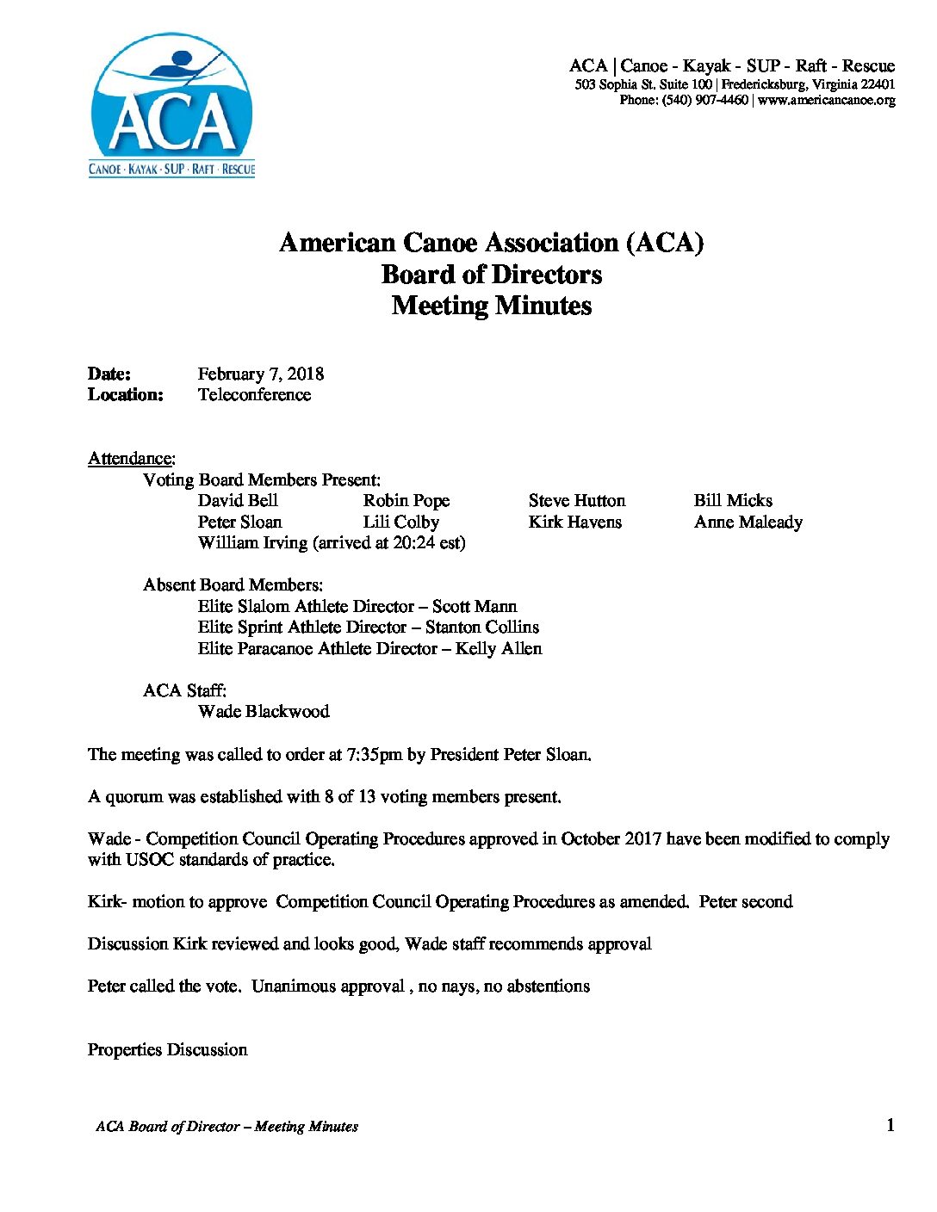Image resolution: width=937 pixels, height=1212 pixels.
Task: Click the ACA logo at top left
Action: [x=172, y=106]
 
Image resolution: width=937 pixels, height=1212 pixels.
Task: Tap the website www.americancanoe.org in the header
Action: [x=826, y=101]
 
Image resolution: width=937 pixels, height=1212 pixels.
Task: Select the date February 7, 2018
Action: [x=260, y=374]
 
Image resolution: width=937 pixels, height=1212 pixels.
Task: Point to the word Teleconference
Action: [x=254, y=395]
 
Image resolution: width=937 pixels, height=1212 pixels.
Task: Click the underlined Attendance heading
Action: [x=131, y=458]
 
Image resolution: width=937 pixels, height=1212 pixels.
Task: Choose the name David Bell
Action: [x=238, y=501]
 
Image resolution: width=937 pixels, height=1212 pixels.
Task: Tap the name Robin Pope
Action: [x=406, y=501]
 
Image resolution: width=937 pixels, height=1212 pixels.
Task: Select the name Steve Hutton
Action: [x=577, y=501]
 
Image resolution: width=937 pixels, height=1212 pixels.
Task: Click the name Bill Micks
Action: [x=733, y=501]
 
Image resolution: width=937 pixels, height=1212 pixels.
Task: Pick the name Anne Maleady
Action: [x=748, y=523]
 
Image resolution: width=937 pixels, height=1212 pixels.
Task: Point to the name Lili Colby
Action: [x=400, y=523]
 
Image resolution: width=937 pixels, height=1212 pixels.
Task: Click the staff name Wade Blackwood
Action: [x=264, y=712]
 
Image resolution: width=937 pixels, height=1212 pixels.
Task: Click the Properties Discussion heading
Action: [x=167, y=1050]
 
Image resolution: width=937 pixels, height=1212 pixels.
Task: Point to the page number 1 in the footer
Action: [x=890, y=1125]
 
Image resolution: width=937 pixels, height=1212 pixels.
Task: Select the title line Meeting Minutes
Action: [x=492, y=306]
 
